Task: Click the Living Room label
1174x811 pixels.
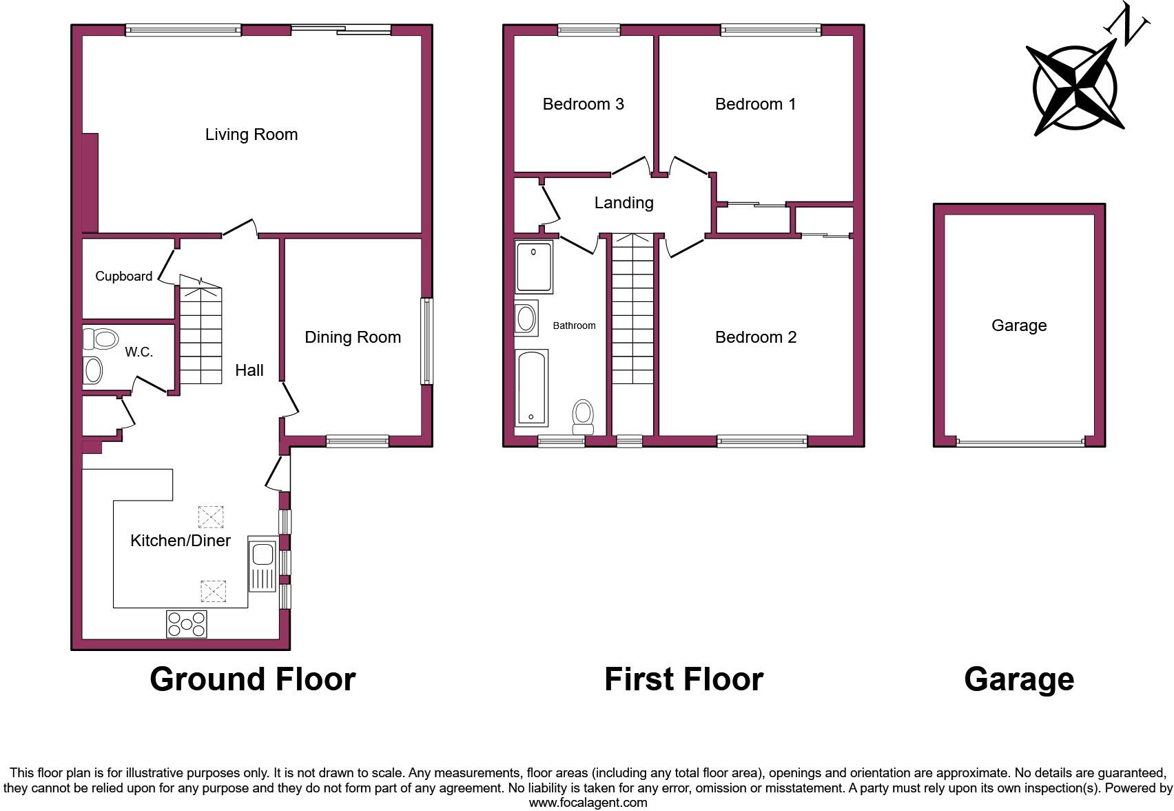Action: [x=251, y=134]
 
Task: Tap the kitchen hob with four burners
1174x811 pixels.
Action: [x=187, y=624]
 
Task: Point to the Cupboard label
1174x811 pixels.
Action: [x=124, y=277]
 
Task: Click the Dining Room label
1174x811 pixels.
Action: [x=353, y=337]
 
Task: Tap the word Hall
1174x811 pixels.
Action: [x=249, y=370]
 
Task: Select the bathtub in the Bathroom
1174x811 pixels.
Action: [x=531, y=387]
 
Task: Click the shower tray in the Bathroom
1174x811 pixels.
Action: [x=534, y=267]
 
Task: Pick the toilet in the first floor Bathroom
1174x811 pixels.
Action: [x=584, y=416]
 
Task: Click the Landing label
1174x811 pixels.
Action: [x=624, y=203]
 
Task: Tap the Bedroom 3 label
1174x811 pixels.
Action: [x=584, y=104]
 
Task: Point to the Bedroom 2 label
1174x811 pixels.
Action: [x=756, y=337]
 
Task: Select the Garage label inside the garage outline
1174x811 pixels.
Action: [x=1019, y=326]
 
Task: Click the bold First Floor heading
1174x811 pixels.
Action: [x=683, y=679]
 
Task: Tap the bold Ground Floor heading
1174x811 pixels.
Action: [x=253, y=679]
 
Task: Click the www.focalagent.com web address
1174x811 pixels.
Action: [x=588, y=803]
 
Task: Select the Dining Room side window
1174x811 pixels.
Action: [x=427, y=341]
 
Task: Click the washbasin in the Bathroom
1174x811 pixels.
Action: [x=526, y=319]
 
